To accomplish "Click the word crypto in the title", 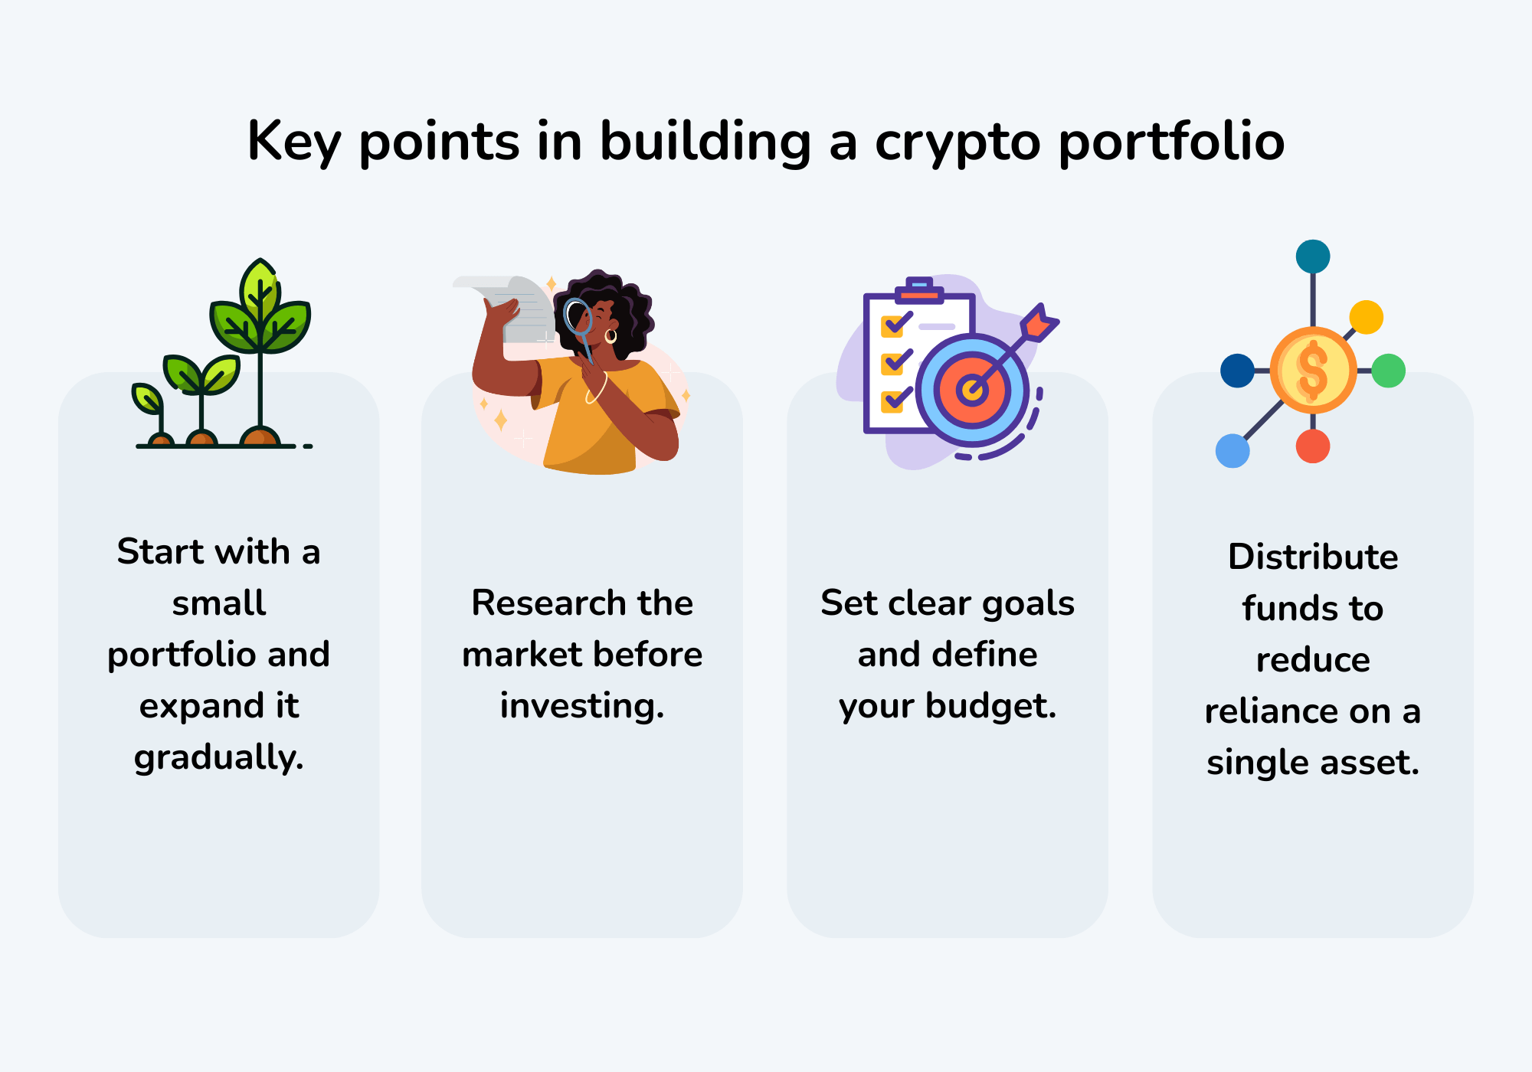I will [957, 142].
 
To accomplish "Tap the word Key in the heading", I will [293, 142].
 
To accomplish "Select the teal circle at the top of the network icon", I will [1313, 257].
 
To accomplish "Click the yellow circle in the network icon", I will [1366, 317].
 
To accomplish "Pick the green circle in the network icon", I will [1388, 371].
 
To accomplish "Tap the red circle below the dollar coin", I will [1313, 446].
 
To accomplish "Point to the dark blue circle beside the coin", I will [1237, 371].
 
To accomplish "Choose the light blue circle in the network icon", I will [1232, 451].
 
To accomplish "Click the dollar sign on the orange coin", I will [1313, 371].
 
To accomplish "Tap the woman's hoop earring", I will [611, 336].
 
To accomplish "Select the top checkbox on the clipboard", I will [893, 326].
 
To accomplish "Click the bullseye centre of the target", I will [971, 391].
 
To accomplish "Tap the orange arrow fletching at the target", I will [1039, 322].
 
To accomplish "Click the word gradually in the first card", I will [218, 757].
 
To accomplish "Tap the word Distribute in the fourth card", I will [1313, 557].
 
